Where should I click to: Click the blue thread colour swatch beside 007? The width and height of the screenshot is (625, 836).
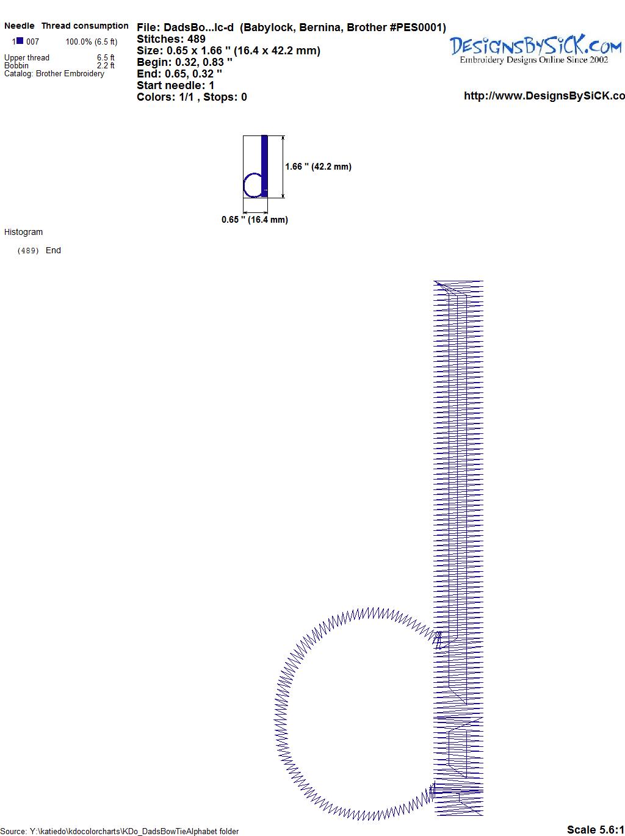pos(20,41)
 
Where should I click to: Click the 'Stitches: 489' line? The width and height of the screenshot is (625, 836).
pos(171,39)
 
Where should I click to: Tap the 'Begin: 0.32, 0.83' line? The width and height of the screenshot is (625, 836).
pos(184,62)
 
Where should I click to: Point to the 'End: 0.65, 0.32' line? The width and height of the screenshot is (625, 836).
pos(179,73)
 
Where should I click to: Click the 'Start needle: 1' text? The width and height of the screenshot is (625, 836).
pos(176,85)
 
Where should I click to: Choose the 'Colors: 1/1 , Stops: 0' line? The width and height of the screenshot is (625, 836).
pos(192,97)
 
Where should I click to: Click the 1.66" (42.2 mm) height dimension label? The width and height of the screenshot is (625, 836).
pos(319,167)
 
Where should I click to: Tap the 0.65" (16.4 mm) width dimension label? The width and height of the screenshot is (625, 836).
pos(255,220)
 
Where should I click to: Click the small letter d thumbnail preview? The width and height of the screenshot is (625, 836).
pos(255,167)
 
